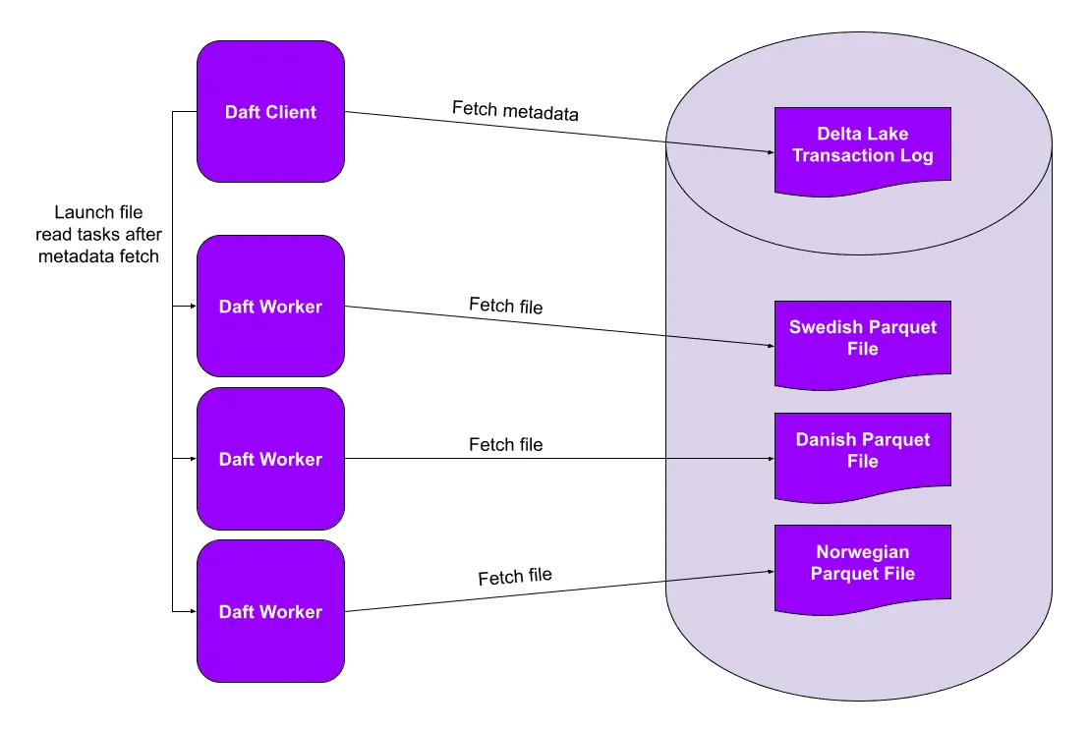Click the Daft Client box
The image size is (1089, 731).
coord(270,111)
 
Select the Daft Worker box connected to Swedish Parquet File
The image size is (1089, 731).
coord(270,306)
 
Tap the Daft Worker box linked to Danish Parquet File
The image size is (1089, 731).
coord(270,459)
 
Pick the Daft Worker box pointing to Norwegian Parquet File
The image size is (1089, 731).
coord(270,611)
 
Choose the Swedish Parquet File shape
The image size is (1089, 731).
coord(862,340)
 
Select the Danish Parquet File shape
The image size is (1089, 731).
coord(862,452)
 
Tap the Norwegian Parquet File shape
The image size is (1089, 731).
coord(862,564)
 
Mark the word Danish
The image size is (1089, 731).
coord(825,439)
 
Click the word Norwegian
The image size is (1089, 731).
coord(862,552)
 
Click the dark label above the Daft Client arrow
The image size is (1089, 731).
coord(511,111)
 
